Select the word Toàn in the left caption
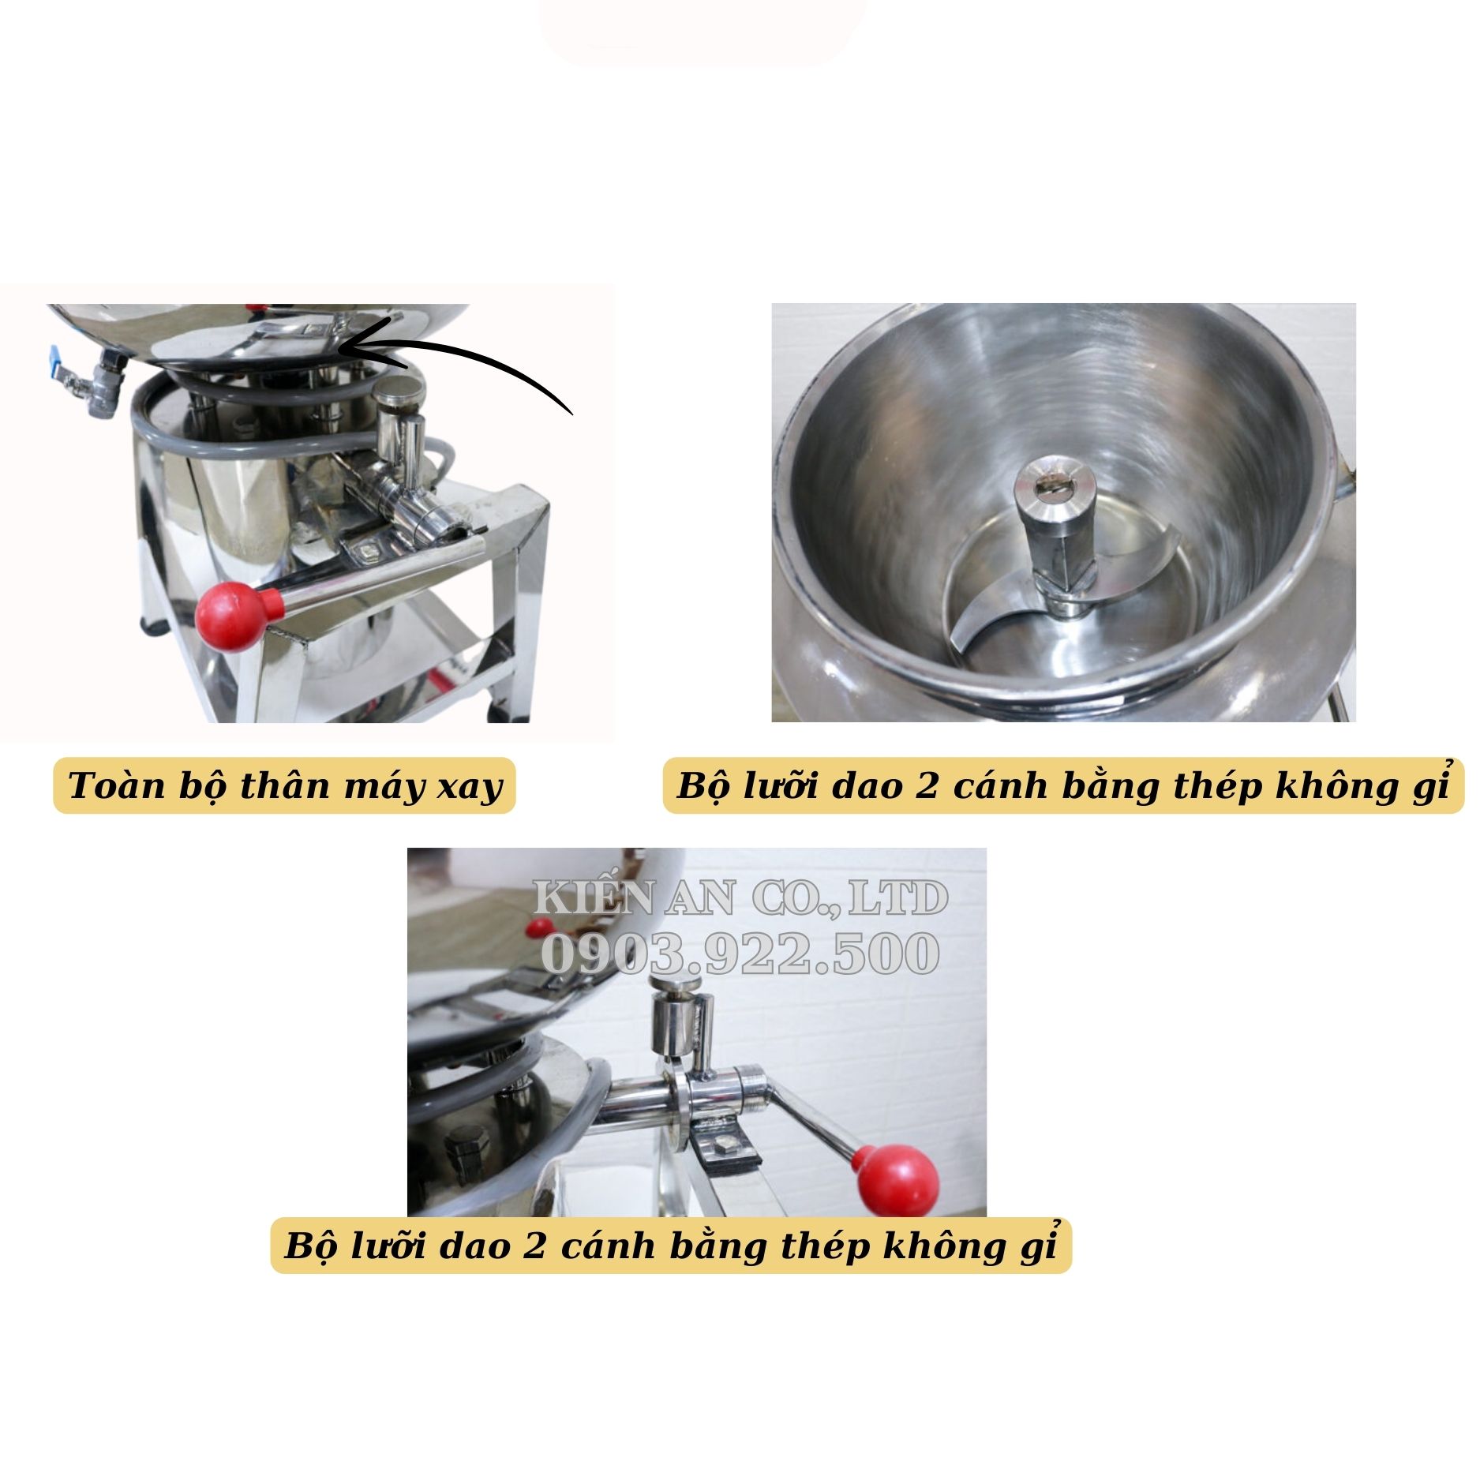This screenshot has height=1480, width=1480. [x=109, y=786]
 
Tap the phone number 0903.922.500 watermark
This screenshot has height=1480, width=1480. [x=740, y=953]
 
